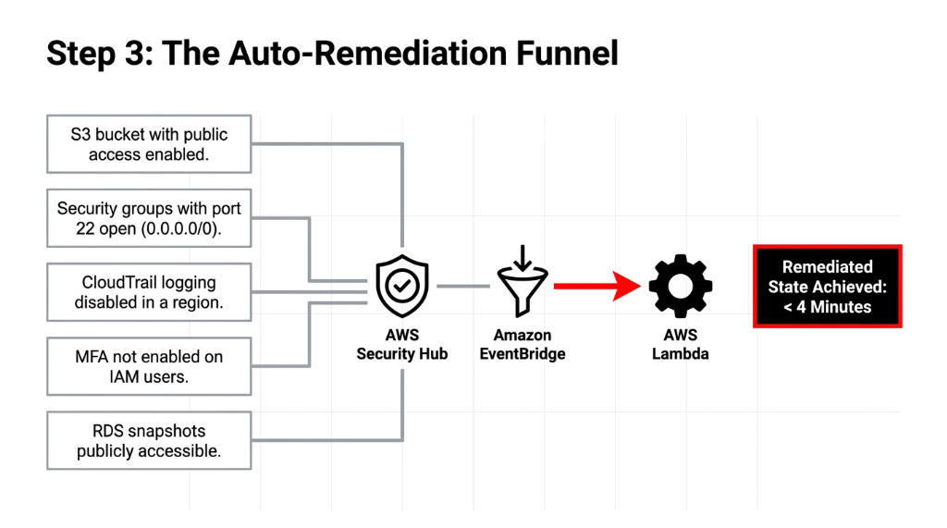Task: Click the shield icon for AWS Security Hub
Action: point(402,287)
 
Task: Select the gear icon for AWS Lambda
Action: point(680,287)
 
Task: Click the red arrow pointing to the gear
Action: point(596,287)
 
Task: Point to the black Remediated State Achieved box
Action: point(828,286)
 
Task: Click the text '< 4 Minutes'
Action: point(828,307)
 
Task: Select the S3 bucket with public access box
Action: point(149,144)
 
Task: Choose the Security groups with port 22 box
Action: point(149,219)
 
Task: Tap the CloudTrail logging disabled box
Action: point(149,292)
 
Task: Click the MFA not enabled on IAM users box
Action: point(149,366)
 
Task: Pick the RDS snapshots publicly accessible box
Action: point(149,441)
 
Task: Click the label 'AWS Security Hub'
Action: point(402,344)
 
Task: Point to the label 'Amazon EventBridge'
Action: point(522,344)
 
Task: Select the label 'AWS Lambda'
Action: point(680,344)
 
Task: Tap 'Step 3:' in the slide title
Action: point(99,53)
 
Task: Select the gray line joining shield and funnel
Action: point(462,287)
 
